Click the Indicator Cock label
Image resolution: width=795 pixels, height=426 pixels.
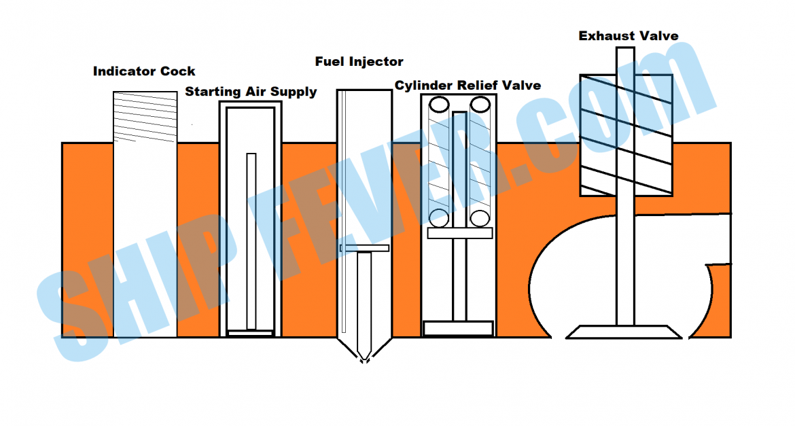(x=144, y=71)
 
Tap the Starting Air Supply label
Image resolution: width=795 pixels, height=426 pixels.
(x=251, y=92)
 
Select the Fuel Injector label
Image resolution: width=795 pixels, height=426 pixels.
(x=359, y=62)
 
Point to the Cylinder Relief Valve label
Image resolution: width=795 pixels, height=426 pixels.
(x=468, y=86)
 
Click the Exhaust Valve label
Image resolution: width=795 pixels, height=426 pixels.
(x=629, y=36)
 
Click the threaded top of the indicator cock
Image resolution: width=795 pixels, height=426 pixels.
(x=145, y=116)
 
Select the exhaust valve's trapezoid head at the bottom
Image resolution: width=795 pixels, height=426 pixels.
(x=624, y=332)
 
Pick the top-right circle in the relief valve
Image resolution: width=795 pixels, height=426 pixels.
(x=480, y=105)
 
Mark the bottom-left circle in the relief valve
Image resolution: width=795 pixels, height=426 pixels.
(x=438, y=218)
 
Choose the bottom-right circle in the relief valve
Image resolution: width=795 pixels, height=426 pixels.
(x=480, y=218)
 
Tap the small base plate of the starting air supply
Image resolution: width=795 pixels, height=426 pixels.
(x=249, y=333)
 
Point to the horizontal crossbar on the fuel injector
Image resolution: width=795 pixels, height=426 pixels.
(x=364, y=248)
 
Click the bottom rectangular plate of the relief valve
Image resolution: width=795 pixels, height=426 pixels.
(x=458, y=329)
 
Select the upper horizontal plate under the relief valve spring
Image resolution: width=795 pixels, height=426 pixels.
(x=460, y=233)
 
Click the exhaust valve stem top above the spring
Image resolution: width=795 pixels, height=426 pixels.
(x=625, y=60)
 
